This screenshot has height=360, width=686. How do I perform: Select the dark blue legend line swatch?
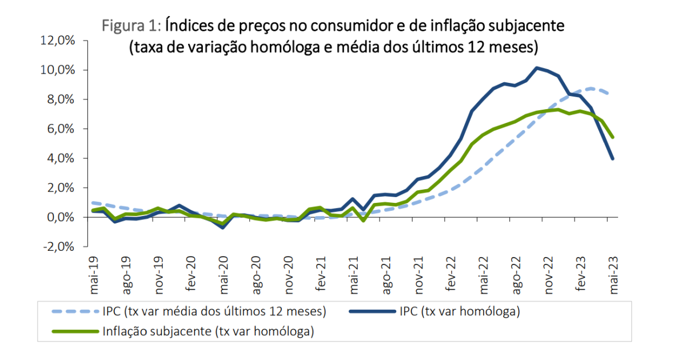pyautogui.click(x=371, y=312)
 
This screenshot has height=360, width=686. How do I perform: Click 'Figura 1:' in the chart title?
pyautogui.click(x=132, y=25)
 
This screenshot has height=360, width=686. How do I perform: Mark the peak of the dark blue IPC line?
pyautogui.click(x=537, y=68)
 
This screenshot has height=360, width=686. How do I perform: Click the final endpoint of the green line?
pyautogui.click(x=613, y=137)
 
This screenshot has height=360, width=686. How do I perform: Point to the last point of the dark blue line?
pyautogui.click(x=613, y=159)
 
